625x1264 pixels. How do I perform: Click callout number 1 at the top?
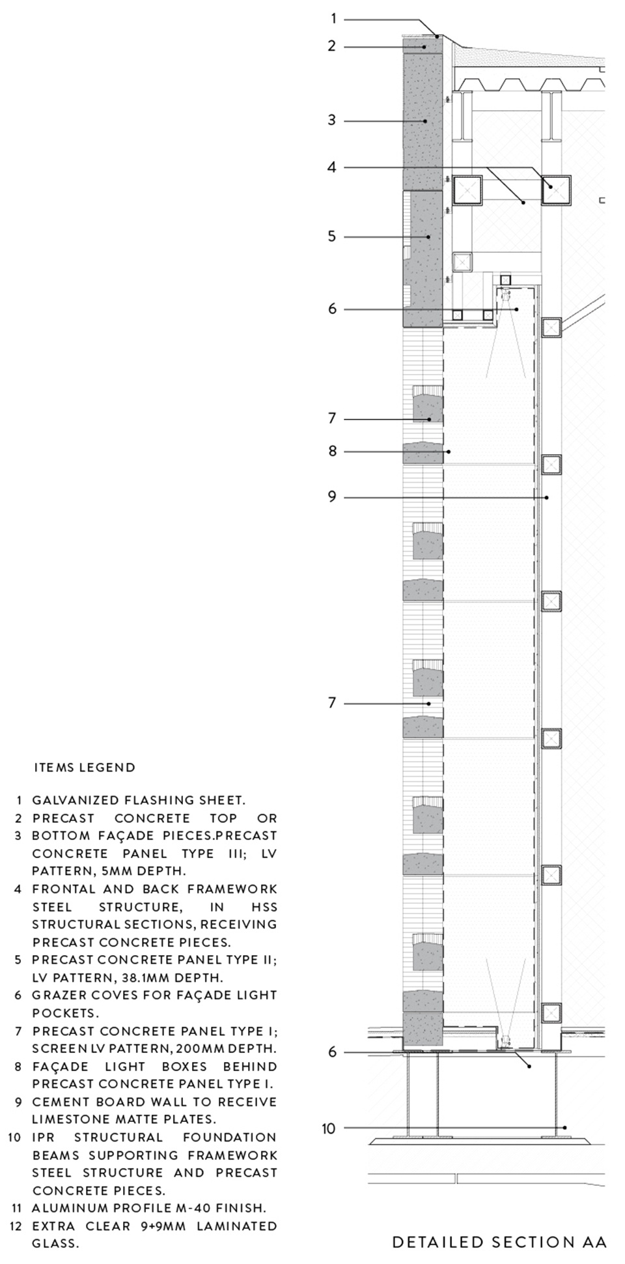[333, 19]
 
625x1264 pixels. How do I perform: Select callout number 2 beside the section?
[332, 46]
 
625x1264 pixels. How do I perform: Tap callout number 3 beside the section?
[332, 120]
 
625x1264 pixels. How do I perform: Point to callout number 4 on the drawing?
[332, 167]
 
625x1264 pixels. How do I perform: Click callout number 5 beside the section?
[332, 236]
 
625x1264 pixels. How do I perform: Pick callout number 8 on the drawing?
[332, 451]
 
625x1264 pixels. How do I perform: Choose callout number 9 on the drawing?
[332, 497]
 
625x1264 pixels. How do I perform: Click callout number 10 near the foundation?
[329, 1128]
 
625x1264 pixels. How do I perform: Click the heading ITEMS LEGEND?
[85, 768]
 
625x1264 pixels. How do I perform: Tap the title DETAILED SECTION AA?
[499, 1242]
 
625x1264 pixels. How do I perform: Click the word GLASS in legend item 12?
[55, 1243]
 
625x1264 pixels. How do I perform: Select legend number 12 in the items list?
[16, 1226]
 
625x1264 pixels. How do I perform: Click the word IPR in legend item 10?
[44, 1137]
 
